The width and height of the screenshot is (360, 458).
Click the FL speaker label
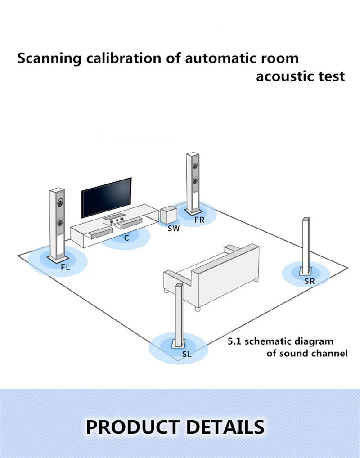pyautogui.click(x=66, y=267)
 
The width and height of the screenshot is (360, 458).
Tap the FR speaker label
pyautogui.click(x=199, y=220)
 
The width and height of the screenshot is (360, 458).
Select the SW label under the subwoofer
pyautogui.click(x=174, y=229)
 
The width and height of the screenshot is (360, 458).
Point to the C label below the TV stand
pyautogui.click(x=126, y=238)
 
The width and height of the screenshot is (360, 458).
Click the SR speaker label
pyautogui.click(x=309, y=281)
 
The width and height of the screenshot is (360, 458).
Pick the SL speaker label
pyautogui.click(x=187, y=354)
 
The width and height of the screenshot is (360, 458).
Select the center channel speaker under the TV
pyautogui.click(x=114, y=220)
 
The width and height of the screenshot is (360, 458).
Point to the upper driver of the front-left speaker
pyautogui.click(x=60, y=206)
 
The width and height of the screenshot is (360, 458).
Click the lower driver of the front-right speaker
pyautogui.click(x=195, y=180)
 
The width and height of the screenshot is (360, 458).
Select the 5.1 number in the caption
pyautogui.click(x=234, y=341)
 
